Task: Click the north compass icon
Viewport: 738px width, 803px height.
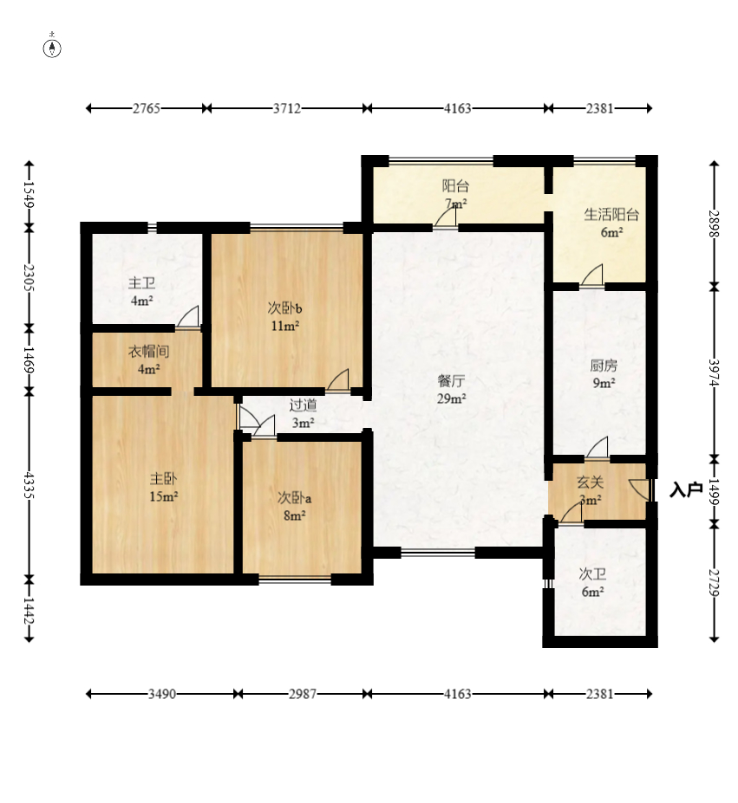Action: [52, 46]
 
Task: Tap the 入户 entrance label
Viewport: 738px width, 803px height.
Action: [686, 489]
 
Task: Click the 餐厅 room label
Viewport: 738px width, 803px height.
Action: [451, 381]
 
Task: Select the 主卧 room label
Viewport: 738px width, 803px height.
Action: [164, 479]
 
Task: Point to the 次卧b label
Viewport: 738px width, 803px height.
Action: [285, 308]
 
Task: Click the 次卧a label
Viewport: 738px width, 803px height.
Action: [294, 498]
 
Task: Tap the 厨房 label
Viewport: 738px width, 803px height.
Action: [604, 366]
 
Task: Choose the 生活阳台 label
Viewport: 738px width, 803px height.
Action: [611, 215]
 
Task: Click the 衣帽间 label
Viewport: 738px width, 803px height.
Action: [149, 352]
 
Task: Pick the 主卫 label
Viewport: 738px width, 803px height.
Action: [141, 283]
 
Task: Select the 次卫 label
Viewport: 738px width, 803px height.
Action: [592, 574]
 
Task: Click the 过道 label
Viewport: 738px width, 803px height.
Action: [303, 405]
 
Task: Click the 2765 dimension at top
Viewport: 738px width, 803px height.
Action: [147, 108]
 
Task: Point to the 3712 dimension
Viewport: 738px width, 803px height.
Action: [287, 108]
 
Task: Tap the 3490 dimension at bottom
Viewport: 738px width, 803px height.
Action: [162, 694]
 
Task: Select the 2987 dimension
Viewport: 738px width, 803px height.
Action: [303, 694]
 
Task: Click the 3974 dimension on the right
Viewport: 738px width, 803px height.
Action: [714, 372]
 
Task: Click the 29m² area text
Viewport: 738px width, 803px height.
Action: [451, 398]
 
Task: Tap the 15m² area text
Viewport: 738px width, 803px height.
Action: [164, 496]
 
